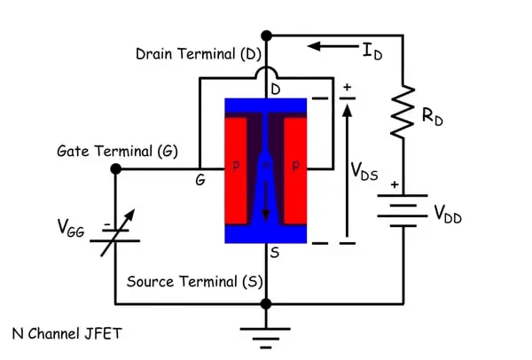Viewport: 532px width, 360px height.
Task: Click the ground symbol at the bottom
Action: [x=265, y=335]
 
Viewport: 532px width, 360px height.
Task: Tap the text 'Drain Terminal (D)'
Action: [x=199, y=54]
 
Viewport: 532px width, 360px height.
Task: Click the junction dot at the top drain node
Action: [x=265, y=36]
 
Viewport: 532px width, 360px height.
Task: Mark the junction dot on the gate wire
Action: [x=115, y=168]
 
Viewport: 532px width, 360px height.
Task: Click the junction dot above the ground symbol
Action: [x=265, y=303]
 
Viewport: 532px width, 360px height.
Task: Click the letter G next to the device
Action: [x=201, y=180]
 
